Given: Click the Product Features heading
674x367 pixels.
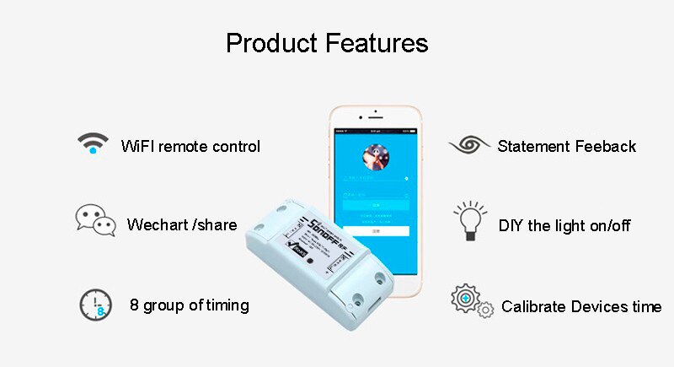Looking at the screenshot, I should [327, 42].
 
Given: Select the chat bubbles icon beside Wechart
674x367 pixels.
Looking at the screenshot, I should [94, 220].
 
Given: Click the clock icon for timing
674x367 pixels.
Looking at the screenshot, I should [95, 304].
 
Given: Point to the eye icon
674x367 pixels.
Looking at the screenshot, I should [469, 144].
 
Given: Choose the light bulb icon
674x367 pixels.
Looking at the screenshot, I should [469, 221].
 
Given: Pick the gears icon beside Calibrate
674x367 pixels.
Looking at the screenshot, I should [471, 302].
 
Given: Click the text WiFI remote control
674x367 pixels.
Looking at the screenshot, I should [190, 146].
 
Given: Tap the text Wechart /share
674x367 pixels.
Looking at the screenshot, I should [181, 225].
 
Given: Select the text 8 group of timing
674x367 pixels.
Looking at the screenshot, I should [190, 305].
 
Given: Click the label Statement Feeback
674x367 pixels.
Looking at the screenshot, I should [566, 146].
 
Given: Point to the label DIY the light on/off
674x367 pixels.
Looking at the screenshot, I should [564, 225].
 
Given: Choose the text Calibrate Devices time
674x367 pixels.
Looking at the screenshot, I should [581, 306].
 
